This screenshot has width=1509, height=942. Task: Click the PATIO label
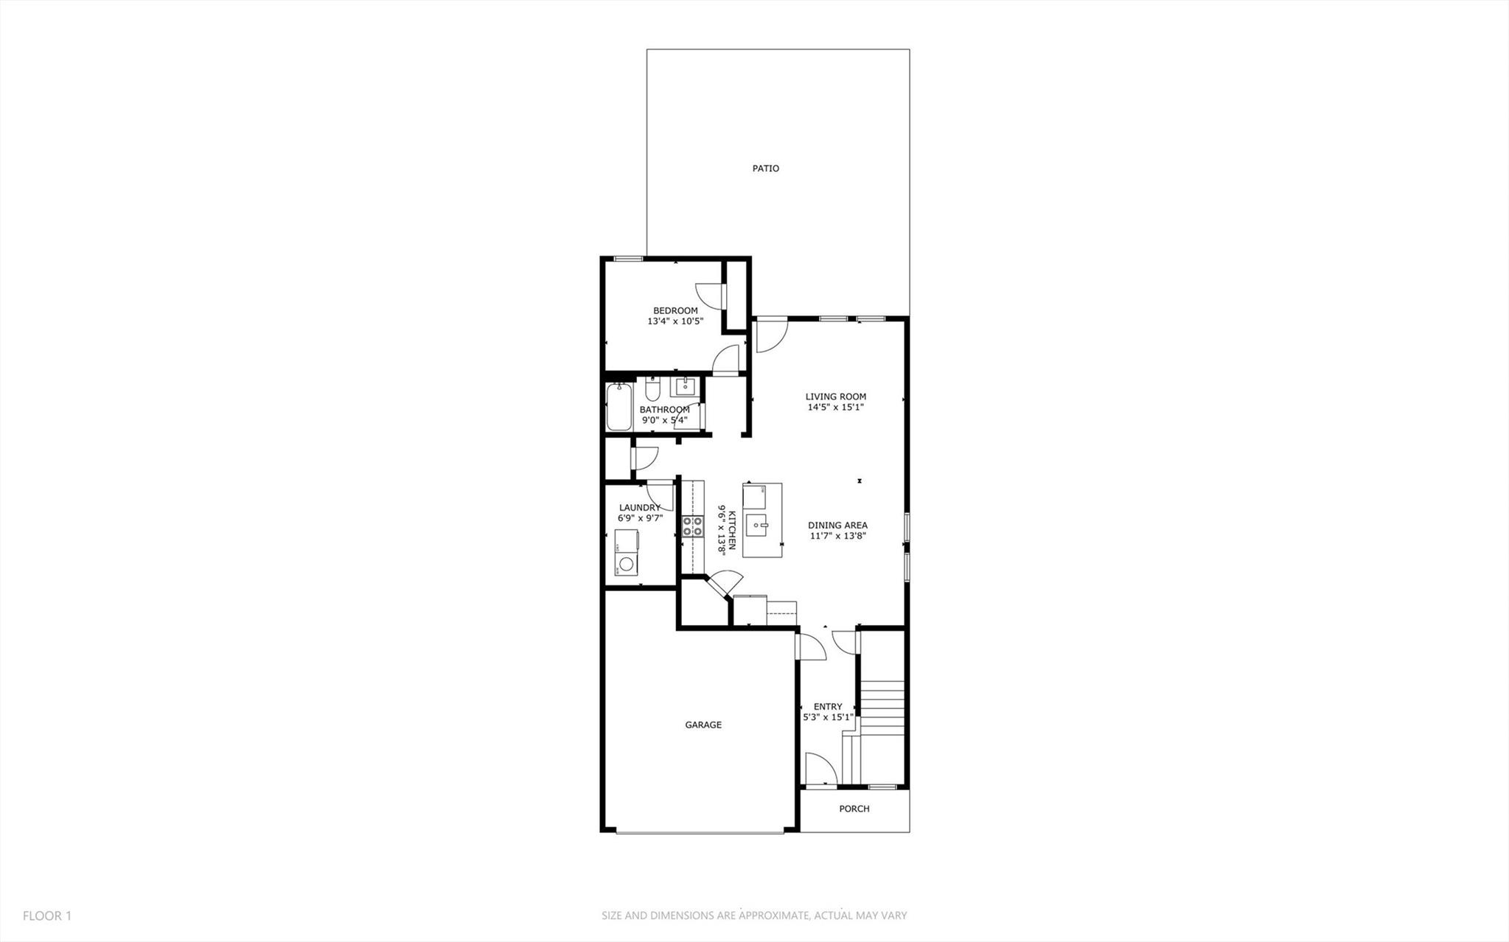coord(765,169)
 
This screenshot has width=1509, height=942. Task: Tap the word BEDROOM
coord(675,311)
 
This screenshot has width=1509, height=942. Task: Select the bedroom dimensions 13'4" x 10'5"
coord(675,321)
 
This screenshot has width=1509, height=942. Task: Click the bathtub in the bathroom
coord(618,407)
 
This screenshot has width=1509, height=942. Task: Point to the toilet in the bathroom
coord(652,389)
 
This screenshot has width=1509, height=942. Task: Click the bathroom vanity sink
coord(686,386)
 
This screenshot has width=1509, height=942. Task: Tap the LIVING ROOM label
coord(835,397)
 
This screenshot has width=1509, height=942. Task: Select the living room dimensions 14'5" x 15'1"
coord(835,407)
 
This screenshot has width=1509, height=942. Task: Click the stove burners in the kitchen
coord(692,526)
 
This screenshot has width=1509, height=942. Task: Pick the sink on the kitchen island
coord(758,526)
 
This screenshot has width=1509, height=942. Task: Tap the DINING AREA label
coord(837,526)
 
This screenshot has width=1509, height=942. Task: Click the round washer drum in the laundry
coord(626,565)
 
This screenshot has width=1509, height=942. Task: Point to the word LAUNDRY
coord(639,508)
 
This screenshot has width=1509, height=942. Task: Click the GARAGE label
coord(703,725)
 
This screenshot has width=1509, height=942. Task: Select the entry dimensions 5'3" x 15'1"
coord(828,717)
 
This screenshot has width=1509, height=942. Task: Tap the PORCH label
coord(854,809)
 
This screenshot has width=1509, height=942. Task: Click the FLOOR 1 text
coord(47,916)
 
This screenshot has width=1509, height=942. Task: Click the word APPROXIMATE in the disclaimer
coord(773,916)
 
